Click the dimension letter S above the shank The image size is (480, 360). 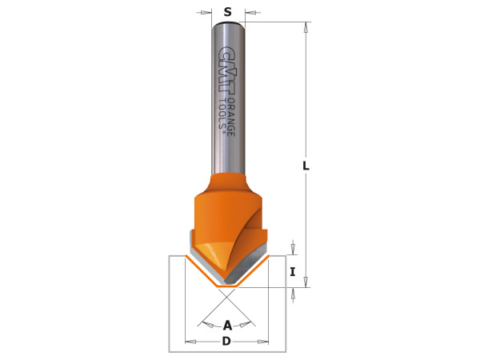pos(228,12)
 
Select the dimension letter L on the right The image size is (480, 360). pos(306,166)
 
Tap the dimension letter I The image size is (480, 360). pos(293,272)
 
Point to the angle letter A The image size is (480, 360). pos(227,325)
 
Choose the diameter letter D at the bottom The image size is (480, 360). pos(226,342)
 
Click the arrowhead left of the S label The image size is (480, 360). pos(207,13)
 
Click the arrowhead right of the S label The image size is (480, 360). pos(250,13)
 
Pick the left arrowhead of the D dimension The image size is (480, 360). pos(190,342)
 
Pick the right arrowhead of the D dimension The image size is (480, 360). pos(264,342)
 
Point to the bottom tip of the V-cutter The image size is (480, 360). pos(226,285)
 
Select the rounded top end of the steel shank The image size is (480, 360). pos(228,25)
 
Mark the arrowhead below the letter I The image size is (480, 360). pos(293,293)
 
